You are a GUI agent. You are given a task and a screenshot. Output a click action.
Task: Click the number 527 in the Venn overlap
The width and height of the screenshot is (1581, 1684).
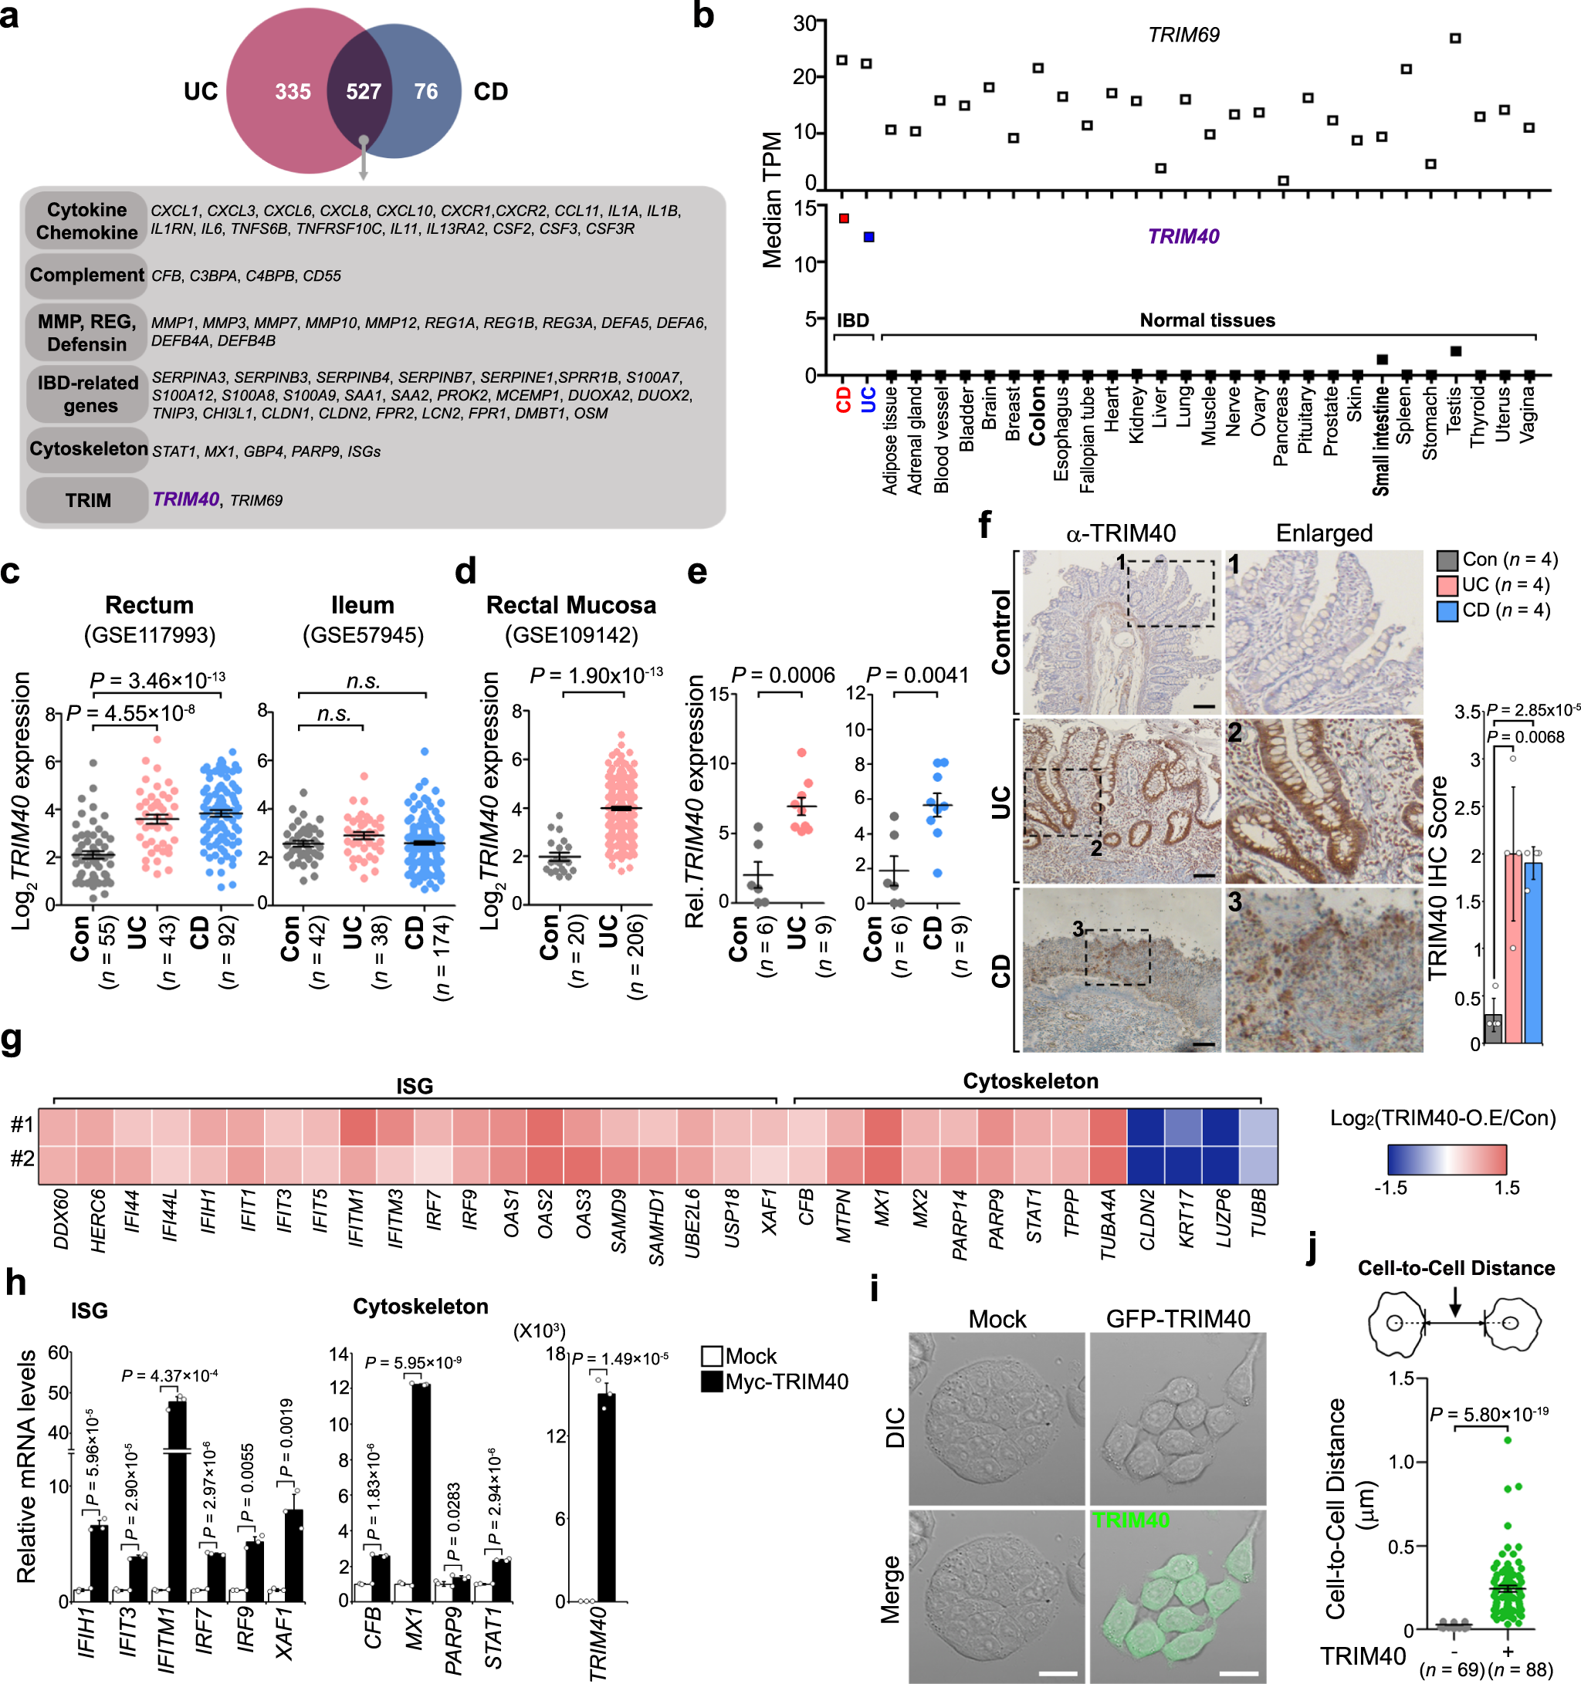(x=363, y=92)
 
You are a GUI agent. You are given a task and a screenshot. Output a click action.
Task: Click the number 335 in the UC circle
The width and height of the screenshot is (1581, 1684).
(x=293, y=92)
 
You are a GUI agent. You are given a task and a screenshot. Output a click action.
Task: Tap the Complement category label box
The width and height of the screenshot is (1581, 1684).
(x=86, y=276)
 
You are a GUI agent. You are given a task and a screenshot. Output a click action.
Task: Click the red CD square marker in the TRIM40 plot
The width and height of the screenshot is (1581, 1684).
(x=843, y=218)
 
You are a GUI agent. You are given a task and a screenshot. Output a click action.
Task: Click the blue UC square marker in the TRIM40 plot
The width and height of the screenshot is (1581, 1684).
(x=868, y=237)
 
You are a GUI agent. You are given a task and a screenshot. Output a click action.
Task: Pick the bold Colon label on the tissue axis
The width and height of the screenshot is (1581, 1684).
(x=1037, y=415)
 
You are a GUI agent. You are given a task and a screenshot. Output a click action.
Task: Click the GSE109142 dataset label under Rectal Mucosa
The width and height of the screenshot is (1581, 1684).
(x=571, y=634)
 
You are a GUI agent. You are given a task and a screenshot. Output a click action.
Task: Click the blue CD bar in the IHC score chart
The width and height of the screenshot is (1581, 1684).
(x=1532, y=953)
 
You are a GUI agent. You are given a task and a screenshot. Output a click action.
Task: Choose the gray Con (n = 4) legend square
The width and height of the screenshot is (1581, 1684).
(x=1447, y=560)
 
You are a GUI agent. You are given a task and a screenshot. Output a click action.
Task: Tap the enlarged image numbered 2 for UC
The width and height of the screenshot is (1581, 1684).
(x=1323, y=801)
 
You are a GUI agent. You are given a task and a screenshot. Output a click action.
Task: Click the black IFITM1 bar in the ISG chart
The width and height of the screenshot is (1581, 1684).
(x=176, y=1503)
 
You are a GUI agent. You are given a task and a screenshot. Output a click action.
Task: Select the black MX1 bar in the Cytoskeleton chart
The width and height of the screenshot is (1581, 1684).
(x=420, y=1495)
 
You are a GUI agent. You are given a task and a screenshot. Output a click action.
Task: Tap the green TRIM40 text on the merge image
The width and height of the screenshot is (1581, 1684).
(x=1130, y=1520)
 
